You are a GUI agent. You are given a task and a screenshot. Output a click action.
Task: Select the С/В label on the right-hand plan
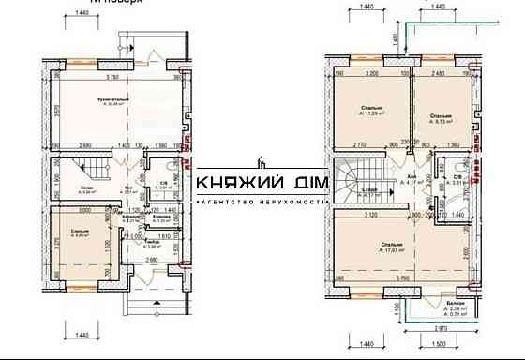click(457, 177)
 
